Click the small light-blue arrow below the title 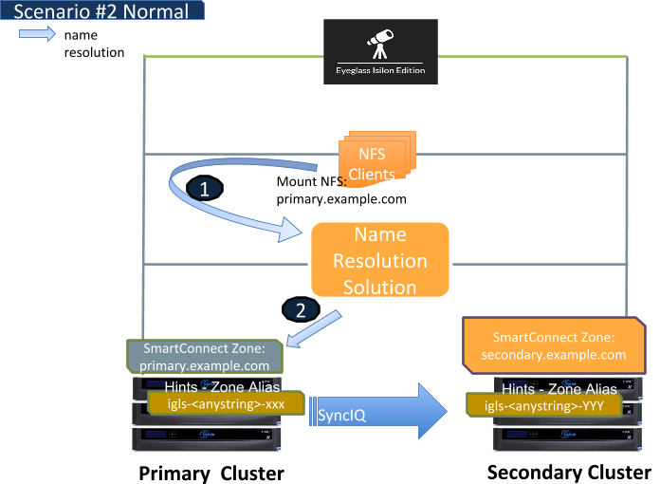pos(37,34)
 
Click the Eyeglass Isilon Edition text pos(380,70)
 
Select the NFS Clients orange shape pos(372,160)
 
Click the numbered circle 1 pos(205,189)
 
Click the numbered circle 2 pos(301,309)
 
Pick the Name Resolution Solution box pos(378,261)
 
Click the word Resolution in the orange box pos(379,261)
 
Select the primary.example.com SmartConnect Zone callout pos(205,356)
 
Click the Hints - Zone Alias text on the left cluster pos(221,387)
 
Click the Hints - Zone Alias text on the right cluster pos(559,388)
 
